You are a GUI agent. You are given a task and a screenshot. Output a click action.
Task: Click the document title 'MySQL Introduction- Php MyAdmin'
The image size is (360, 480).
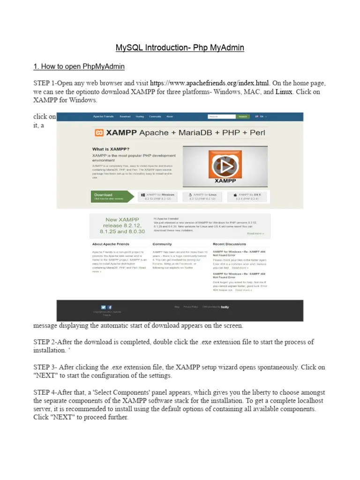pyautogui.click(x=180, y=48)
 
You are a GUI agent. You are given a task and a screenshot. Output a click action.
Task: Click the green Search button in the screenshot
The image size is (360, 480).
pyautogui.click(x=242, y=117)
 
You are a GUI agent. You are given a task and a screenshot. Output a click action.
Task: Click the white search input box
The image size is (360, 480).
pyautogui.click(x=221, y=117)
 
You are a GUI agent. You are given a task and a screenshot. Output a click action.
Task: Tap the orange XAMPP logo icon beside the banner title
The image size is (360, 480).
pyautogui.click(x=99, y=133)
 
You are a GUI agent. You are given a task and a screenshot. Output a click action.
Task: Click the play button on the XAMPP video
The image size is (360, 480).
pyautogui.click(x=225, y=166)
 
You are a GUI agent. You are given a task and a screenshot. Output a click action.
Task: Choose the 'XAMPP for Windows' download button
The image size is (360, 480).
pyautogui.click(x=157, y=196)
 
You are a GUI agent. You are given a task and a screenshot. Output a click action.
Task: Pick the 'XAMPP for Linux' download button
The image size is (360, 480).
pyautogui.click(x=203, y=196)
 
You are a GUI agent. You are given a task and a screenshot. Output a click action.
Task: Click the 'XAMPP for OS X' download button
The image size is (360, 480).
pyautogui.click(x=248, y=196)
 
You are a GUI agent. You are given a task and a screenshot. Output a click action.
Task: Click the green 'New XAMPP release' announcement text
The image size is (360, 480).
pyautogui.click(x=118, y=225)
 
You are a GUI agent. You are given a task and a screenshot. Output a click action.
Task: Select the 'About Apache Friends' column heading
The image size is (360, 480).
pyautogui.click(x=110, y=244)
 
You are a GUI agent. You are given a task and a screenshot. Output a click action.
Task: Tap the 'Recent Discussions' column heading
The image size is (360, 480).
pyautogui.click(x=229, y=244)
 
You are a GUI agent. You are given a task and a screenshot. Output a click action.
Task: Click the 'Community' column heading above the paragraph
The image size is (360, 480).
pyautogui.click(x=162, y=244)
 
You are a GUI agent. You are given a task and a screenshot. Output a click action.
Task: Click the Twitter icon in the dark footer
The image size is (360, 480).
pyautogui.click(x=103, y=307)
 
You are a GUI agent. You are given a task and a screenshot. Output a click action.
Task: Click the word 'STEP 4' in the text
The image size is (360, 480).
pyautogui.click(x=45, y=392)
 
